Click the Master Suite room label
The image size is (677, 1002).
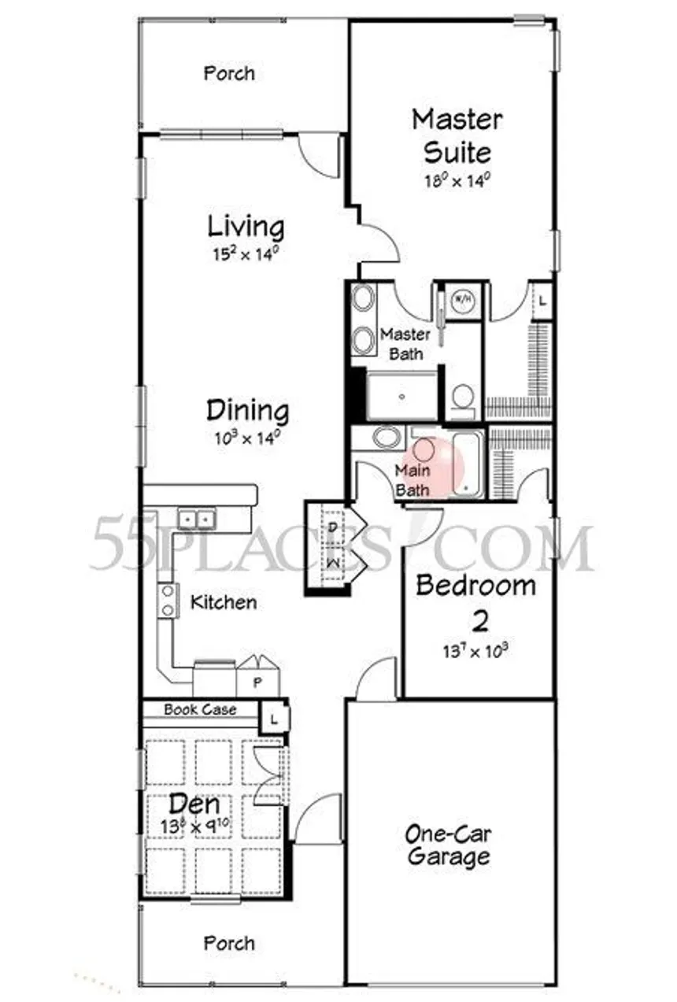pyautogui.click(x=457, y=135)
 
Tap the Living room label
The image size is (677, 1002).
pyautogui.click(x=246, y=227)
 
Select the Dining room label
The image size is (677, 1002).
pyautogui.click(x=247, y=411)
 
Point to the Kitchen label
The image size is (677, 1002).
pyautogui.click(x=224, y=603)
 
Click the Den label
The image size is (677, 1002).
pyautogui.click(x=194, y=804)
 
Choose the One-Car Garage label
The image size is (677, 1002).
pyautogui.click(x=449, y=845)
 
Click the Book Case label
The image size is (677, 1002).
pyautogui.click(x=200, y=709)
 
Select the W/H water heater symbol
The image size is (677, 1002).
pyautogui.click(x=462, y=301)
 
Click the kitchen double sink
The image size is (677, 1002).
pyautogui.click(x=196, y=519)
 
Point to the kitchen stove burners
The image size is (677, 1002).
pyautogui.click(x=168, y=600)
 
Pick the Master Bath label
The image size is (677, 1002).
pyautogui.click(x=405, y=344)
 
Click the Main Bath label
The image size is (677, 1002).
pyautogui.click(x=412, y=480)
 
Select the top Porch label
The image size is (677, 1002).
pyautogui.click(x=229, y=74)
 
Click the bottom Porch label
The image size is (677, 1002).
pyautogui.click(x=229, y=943)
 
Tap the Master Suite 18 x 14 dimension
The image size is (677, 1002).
pyautogui.click(x=457, y=179)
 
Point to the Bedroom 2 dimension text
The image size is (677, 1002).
pyautogui.click(x=475, y=651)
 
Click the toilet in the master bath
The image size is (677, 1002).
pyautogui.click(x=463, y=396)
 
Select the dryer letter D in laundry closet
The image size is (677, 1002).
pyautogui.click(x=334, y=527)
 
